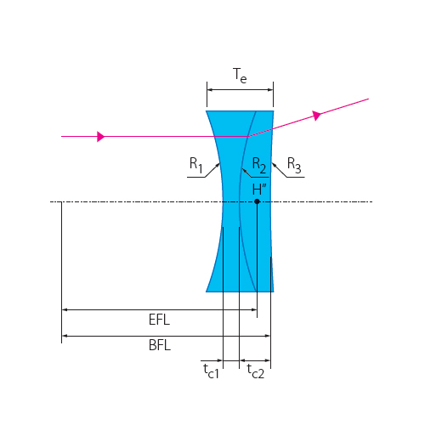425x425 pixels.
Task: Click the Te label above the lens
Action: click(240, 76)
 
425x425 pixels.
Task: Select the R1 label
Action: click(195, 165)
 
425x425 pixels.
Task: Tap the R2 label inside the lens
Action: click(259, 166)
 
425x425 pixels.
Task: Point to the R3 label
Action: click(294, 165)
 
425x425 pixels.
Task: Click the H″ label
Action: click(259, 190)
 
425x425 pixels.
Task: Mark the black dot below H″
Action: click(257, 201)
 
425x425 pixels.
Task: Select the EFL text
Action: click(159, 320)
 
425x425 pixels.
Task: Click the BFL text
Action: click(160, 345)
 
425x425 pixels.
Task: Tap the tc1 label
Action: click(211, 371)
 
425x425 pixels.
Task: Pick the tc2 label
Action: click(255, 371)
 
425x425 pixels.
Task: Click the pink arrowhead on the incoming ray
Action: click(101, 136)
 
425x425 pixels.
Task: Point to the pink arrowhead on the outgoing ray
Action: click(317, 116)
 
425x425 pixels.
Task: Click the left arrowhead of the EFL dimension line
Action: click(65, 310)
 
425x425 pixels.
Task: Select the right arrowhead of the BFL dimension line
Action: click(267, 336)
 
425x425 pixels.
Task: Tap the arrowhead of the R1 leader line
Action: click(218, 165)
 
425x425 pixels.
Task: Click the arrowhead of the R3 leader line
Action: click(274, 165)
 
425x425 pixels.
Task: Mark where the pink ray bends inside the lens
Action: click(248, 136)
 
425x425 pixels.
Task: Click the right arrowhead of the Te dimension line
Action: click(270, 90)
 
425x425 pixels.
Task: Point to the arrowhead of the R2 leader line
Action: click(244, 170)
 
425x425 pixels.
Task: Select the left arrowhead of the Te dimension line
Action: click(210, 90)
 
